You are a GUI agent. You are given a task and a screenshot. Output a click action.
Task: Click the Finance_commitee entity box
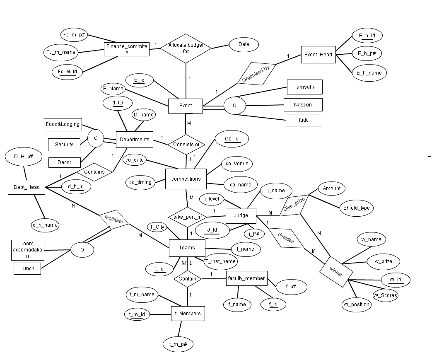(x=126, y=49)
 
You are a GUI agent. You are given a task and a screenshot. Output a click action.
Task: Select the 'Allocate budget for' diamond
(x=186, y=48)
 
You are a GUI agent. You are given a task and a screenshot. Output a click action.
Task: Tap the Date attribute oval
(x=244, y=45)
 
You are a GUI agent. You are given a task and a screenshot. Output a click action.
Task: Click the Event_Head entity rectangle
(x=318, y=54)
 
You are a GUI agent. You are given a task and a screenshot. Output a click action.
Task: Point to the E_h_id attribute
(x=367, y=36)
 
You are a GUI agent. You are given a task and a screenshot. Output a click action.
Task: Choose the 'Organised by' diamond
(x=257, y=72)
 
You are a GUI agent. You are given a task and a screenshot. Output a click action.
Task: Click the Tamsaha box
(x=304, y=87)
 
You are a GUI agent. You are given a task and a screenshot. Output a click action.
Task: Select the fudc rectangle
(x=304, y=120)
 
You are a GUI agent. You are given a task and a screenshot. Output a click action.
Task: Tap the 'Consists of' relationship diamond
(x=186, y=145)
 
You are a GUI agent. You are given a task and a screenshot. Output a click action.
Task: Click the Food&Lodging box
(x=63, y=124)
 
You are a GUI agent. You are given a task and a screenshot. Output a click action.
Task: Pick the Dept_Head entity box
(x=27, y=187)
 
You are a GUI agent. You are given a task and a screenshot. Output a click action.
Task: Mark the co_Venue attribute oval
(x=237, y=164)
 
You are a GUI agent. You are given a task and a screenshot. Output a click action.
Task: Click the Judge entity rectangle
(x=241, y=215)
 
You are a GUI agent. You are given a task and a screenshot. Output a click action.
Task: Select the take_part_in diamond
(x=188, y=217)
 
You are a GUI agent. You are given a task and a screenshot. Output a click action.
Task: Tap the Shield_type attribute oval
(x=356, y=208)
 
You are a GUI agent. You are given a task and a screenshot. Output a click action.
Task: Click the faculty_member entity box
(x=246, y=278)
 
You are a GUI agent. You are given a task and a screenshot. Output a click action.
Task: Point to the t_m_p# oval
(x=178, y=344)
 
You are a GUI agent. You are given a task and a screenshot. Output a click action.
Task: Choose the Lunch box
(x=27, y=268)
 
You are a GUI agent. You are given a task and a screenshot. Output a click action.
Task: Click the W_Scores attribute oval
(x=385, y=295)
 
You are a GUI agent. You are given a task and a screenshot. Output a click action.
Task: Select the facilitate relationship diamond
(x=114, y=220)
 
